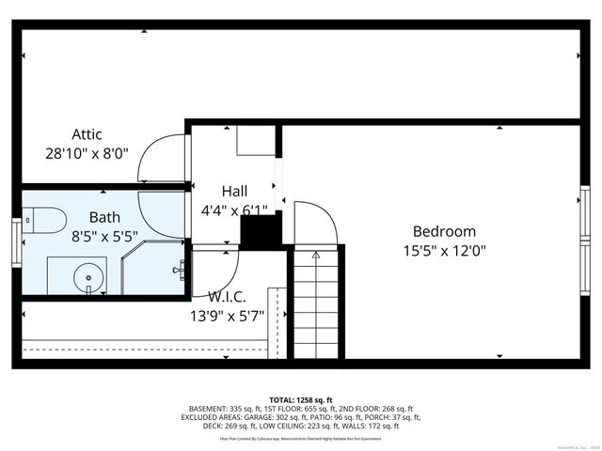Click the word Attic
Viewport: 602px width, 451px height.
click(x=87, y=134)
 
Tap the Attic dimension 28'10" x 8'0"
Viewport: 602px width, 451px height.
click(x=87, y=153)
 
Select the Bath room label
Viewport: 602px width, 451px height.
click(x=105, y=217)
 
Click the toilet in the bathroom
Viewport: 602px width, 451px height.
click(x=44, y=221)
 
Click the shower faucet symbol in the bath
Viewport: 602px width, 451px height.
click(x=178, y=270)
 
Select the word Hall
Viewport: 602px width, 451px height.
click(x=234, y=191)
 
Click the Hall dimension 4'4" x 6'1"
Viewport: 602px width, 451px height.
click(x=234, y=210)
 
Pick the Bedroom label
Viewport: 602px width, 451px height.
click(x=444, y=231)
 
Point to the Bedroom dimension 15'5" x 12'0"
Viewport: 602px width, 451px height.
click(x=444, y=251)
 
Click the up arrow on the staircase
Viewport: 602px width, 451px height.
click(x=316, y=254)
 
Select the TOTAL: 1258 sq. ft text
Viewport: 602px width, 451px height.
click(x=301, y=399)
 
